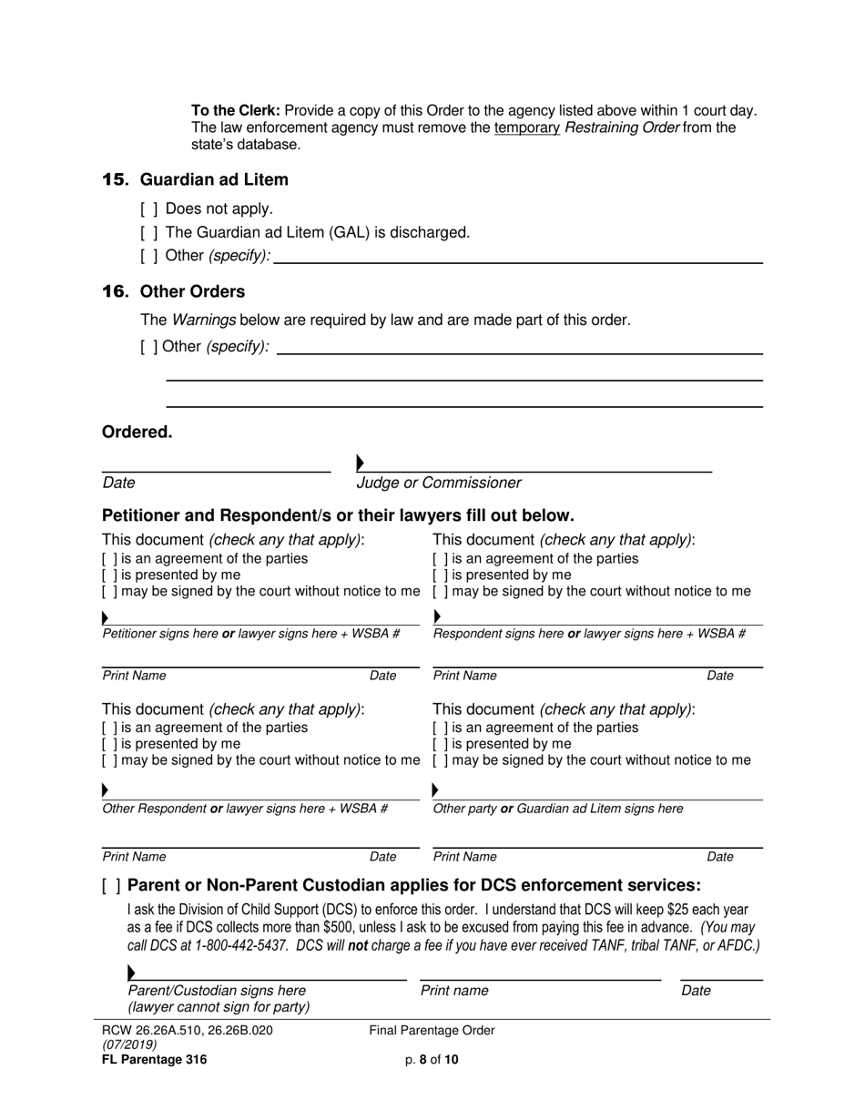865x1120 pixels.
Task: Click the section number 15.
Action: (x=116, y=179)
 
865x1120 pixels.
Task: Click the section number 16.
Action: (x=116, y=291)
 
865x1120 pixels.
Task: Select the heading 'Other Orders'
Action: (x=192, y=291)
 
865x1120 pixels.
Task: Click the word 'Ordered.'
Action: (x=137, y=432)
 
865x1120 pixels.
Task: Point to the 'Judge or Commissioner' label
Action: (x=439, y=483)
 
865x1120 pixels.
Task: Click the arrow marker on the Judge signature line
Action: (x=361, y=463)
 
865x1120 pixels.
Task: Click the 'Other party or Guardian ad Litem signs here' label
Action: (x=557, y=809)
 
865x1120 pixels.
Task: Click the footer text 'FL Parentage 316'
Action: (x=155, y=1059)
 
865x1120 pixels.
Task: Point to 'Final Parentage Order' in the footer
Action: (x=432, y=1031)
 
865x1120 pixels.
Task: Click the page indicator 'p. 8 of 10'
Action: (x=432, y=1059)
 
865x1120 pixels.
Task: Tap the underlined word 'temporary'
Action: (x=526, y=127)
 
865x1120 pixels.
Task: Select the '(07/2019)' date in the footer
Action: (x=129, y=1044)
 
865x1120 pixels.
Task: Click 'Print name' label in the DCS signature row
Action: (x=454, y=991)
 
